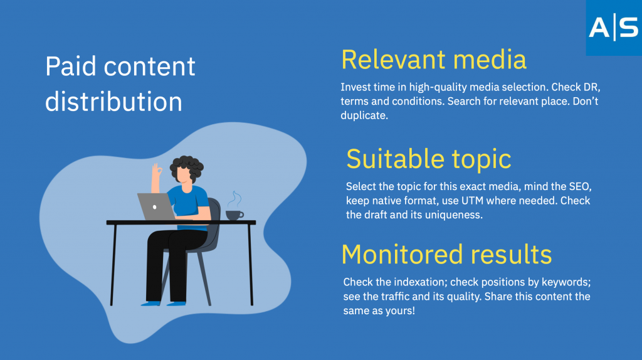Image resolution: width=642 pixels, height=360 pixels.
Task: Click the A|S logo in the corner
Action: (614, 28)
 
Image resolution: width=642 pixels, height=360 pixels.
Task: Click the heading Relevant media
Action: (434, 60)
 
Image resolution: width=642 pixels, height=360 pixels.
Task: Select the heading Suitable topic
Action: (429, 159)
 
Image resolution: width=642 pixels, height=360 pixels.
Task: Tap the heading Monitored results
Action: (446, 255)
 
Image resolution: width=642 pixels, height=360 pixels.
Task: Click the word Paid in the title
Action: (71, 66)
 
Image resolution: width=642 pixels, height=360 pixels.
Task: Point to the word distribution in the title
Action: (113, 101)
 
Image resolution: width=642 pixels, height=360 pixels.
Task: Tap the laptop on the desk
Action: (156, 206)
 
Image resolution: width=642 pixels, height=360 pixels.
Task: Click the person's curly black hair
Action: (187, 166)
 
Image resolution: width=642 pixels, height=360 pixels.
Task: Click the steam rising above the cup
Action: (234, 200)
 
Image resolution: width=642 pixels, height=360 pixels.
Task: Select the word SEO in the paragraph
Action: (580, 187)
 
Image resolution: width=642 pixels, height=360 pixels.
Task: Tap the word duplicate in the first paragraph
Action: (364, 115)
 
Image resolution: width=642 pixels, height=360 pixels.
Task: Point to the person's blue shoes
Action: (164, 304)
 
